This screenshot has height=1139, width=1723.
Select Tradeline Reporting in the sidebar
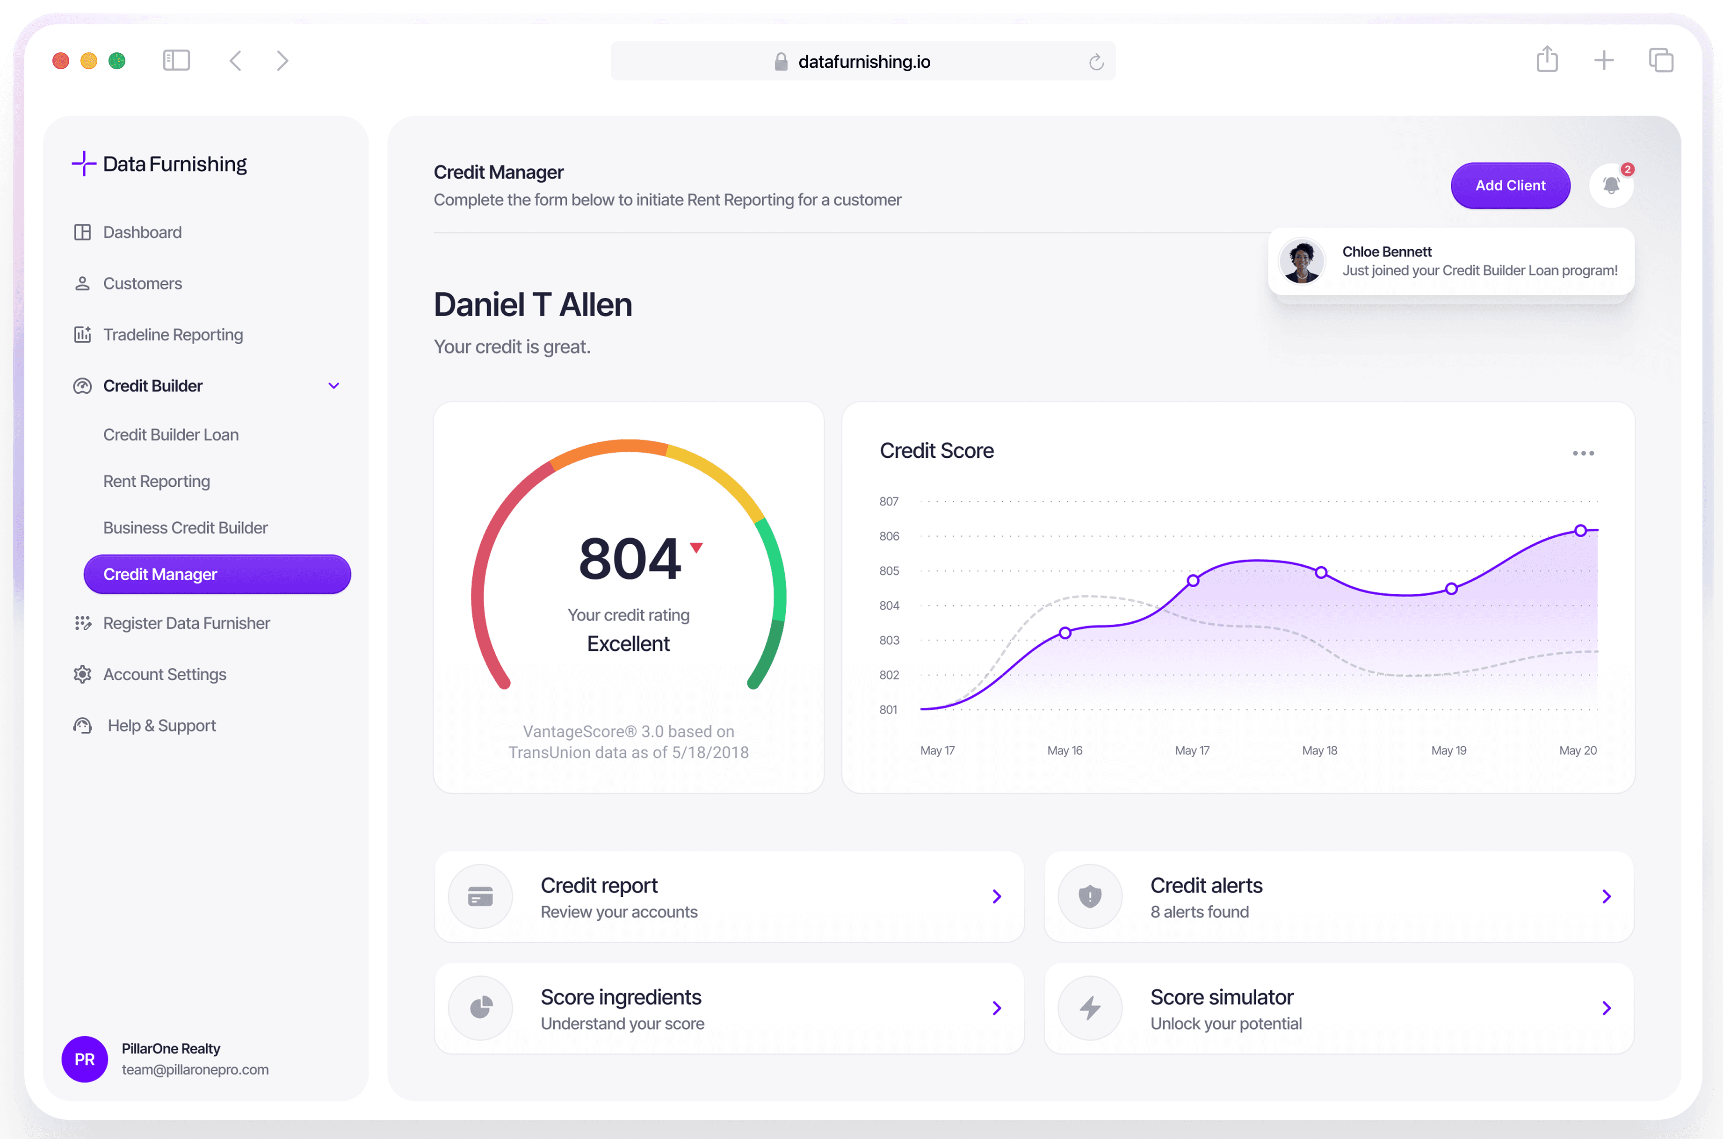(x=173, y=334)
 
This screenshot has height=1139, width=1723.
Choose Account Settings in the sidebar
(x=164, y=674)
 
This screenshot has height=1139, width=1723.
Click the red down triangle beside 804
(x=696, y=548)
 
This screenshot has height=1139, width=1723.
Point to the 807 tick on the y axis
(x=889, y=501)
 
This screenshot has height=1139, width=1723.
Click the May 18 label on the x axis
(x=1319, y=750)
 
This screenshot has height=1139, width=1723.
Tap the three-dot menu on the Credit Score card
(x=1583, y=453)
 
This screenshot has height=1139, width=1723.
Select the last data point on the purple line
(x=1580, y=531)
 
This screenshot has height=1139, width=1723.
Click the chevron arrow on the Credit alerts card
(x=1606, y=896)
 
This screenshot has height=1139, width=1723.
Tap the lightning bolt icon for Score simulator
(x=1090, y=1008)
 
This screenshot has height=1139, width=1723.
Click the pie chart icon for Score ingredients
(x=480, y=1008)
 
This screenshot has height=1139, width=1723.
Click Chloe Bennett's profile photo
(x=1301, y=261)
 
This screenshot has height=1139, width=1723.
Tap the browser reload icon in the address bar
(x=1096, y=62)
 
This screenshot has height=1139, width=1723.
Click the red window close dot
(x=61, y=61)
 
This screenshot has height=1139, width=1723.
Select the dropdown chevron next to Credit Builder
(x=333, y=386)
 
